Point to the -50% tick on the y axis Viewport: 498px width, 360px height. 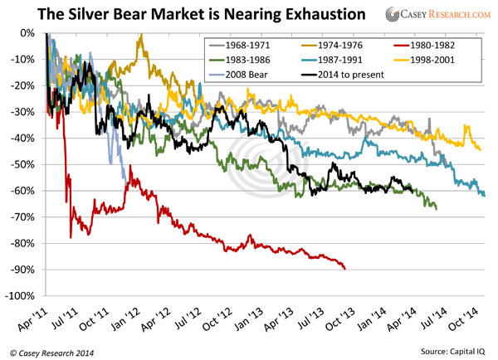tap(24, 164)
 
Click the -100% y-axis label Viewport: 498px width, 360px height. tap(22, 296)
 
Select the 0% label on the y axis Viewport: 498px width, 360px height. tap(28, 33)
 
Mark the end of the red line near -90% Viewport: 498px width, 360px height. tap(345, 268)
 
